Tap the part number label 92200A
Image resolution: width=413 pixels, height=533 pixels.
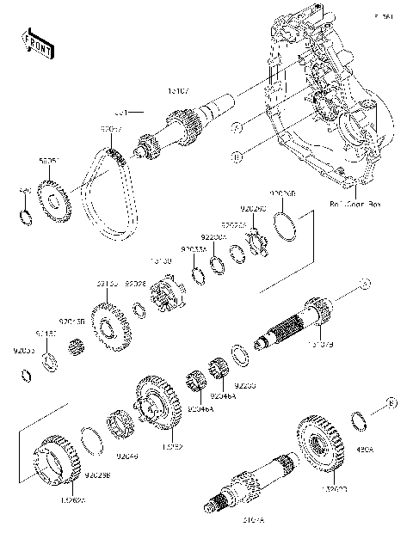(213, 237)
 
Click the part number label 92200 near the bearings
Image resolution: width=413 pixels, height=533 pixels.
(246, 387)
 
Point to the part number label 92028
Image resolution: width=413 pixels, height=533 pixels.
(135, 283)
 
